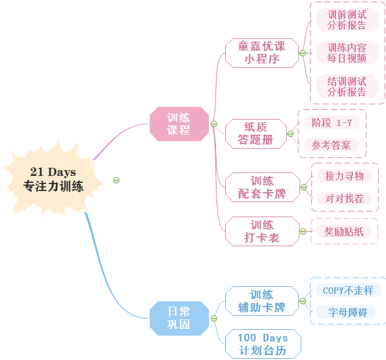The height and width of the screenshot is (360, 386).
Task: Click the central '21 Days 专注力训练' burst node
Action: pos(53,179)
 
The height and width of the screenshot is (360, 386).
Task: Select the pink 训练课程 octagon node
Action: pos(179,124)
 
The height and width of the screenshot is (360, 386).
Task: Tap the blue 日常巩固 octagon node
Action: pos(179,318)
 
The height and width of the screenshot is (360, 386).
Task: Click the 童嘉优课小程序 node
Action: pos(262,52)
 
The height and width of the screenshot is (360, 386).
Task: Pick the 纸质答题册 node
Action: pos(255,134)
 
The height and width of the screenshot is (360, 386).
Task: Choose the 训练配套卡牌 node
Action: pos(262,188)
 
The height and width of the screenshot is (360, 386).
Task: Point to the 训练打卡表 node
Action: pos(262,231)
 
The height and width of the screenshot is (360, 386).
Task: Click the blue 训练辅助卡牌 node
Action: pos(262,301)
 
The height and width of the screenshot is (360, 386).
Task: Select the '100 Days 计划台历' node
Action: pos(263,344)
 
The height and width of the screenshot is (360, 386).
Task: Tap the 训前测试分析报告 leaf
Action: pos(347,20)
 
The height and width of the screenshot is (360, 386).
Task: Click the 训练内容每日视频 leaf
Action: pos(347,53)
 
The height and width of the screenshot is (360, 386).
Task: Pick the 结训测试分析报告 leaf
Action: pos(347,86)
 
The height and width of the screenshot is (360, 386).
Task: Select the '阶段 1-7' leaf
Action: pos(331,123)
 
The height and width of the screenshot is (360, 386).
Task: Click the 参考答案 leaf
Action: pos(331,145)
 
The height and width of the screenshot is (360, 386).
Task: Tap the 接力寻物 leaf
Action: pos(345,175)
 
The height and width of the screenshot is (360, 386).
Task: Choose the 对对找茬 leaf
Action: pos(345,199)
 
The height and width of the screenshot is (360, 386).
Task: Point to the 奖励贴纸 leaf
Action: pos(344,232)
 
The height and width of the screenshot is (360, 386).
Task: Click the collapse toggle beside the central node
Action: pos(116,181)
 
